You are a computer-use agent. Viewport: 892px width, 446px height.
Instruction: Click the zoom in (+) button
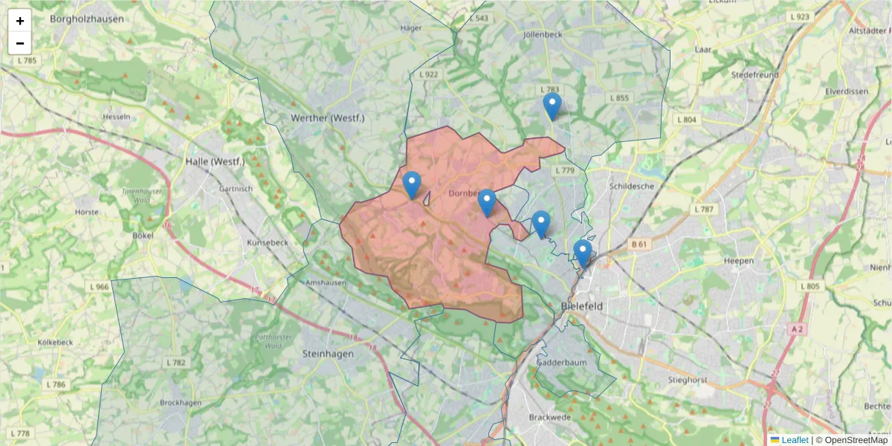(20, 21)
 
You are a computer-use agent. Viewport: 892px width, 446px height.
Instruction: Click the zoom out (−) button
(20, 43)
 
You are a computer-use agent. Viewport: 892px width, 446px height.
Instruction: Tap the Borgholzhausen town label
(86, 19)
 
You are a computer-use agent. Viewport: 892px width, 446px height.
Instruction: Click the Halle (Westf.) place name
(216, 161)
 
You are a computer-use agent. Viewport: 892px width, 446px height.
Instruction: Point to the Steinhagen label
(328, 354)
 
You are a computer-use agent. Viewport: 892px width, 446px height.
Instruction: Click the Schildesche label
(631, 186)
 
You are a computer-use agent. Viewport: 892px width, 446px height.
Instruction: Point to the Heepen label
(738, 261)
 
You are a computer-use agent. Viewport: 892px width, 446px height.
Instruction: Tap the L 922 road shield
(429, 74)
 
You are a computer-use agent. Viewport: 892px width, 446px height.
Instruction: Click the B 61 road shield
(639, 244)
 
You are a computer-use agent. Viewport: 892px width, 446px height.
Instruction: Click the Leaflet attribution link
(795, 440)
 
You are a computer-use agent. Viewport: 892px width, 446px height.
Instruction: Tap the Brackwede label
(549, 417)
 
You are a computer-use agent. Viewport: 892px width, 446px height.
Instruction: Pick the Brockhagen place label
(181, 402)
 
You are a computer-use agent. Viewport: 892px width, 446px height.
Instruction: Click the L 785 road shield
(27, 59)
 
